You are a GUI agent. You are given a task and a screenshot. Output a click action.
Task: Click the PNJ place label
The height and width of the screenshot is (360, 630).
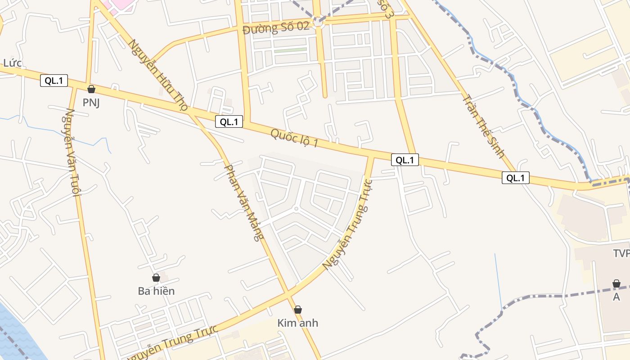click(x=91, y=103)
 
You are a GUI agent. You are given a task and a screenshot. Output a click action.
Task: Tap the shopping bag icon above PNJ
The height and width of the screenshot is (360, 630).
click(x=91, y=89)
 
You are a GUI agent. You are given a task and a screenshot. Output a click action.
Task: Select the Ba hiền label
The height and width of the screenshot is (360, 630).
click(x=156, y=291)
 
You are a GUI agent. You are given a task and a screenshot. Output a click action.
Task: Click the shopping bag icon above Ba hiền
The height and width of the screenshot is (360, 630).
click(x=156, y=278)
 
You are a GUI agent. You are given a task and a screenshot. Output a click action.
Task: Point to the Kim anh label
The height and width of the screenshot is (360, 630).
click(x=297, y=323)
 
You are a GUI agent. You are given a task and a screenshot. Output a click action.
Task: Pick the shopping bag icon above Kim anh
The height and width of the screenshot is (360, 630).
click(x=297, y=310)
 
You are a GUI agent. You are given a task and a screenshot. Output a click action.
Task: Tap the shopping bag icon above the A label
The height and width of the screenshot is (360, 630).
click(x=616, y=283)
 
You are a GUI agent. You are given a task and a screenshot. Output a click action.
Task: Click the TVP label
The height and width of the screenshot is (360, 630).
click(x=621, y=254)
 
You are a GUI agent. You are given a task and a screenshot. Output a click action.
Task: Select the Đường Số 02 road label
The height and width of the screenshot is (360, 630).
click(x=276, y=28)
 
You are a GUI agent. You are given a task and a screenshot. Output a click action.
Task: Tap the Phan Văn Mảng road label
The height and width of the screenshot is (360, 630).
click(x=243, y=202)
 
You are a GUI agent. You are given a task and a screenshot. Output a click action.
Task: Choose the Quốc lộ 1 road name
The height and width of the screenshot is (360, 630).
click(x=294, y=138)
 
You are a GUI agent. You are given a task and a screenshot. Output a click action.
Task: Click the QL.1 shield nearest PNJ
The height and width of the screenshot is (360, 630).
click(x=54, y=81)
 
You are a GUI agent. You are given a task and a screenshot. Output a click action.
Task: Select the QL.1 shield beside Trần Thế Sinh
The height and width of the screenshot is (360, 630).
click(x=516, y=178)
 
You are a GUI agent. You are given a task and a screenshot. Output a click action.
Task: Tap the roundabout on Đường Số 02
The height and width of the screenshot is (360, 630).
click(x=319, y=22)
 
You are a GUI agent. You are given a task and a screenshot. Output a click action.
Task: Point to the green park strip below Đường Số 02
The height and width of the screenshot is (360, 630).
click(x=290, y=50)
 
